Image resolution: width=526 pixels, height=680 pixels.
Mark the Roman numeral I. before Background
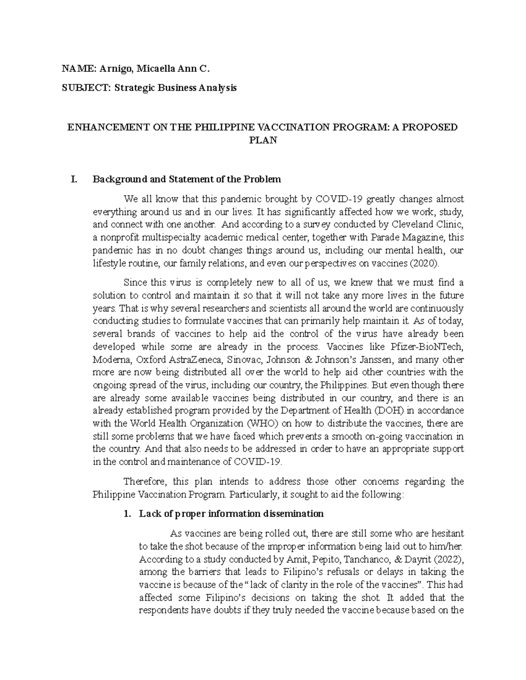point(74,179)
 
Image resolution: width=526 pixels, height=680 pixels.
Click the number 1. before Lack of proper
point(128,514)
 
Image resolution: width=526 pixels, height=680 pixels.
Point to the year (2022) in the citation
point(446,559)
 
